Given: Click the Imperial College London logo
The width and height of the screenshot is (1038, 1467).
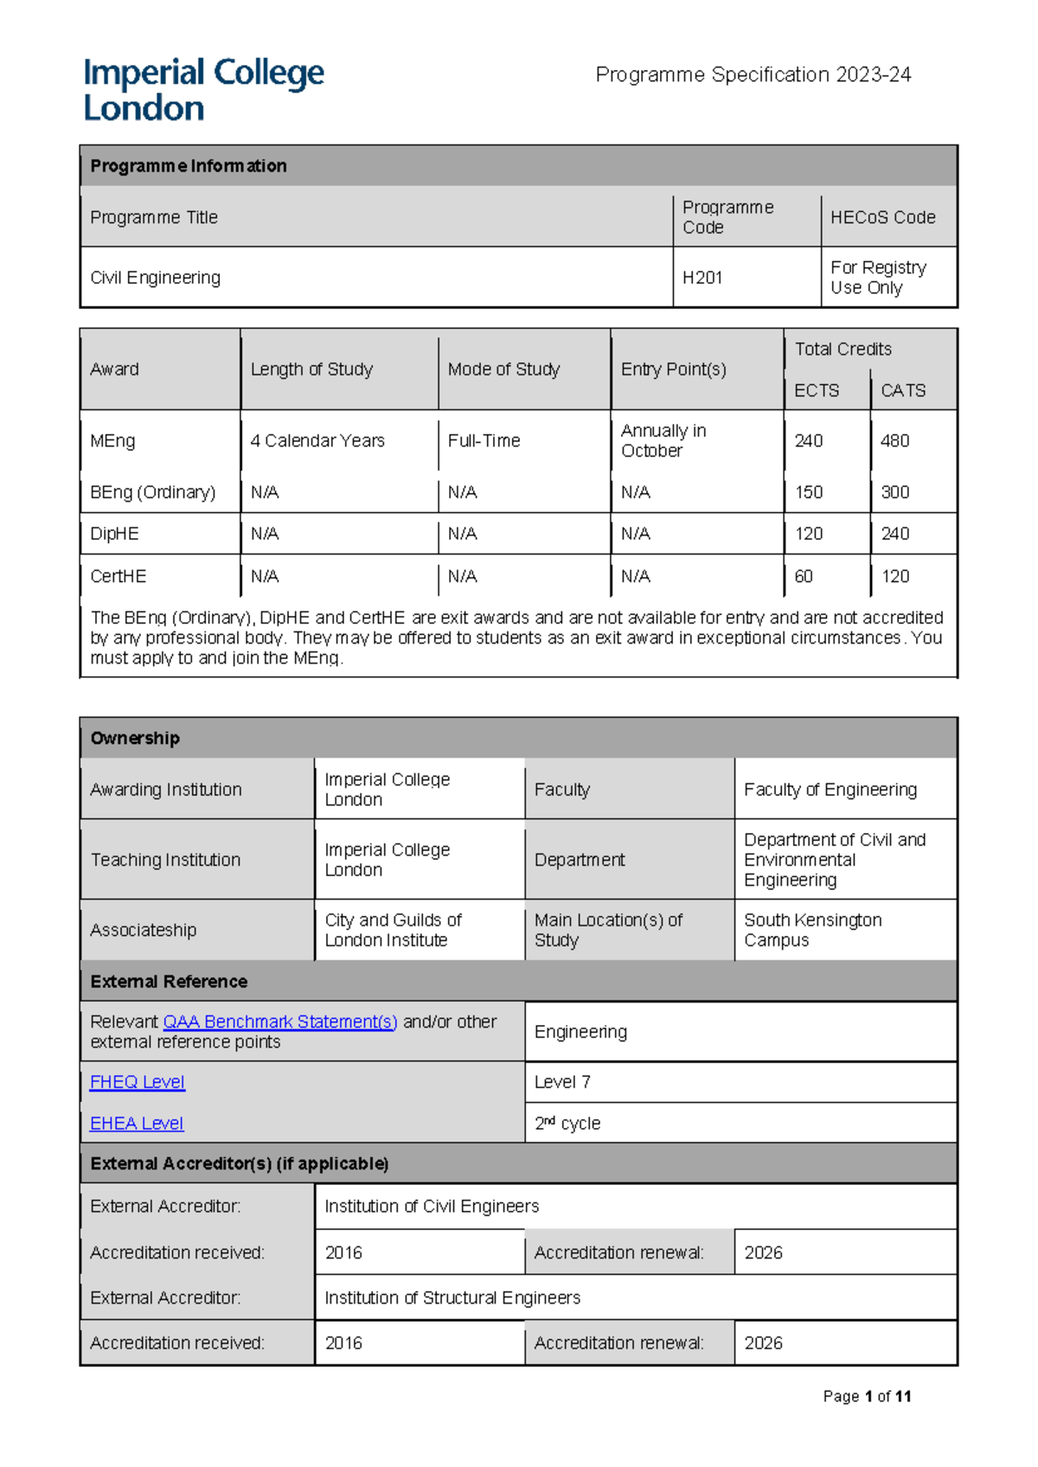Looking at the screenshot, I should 203,90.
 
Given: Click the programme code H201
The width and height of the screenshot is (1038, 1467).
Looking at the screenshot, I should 702,278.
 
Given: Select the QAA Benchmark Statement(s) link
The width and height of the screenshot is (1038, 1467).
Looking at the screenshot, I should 280,1022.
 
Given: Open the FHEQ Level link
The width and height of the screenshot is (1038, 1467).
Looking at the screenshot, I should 138,1082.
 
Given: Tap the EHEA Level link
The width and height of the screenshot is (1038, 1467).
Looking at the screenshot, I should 137,1124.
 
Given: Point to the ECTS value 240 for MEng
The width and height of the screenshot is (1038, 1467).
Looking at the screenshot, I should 809,441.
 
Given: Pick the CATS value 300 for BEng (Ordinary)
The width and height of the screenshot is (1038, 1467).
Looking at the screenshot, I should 895,492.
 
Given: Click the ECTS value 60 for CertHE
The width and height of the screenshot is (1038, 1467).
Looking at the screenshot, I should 804,576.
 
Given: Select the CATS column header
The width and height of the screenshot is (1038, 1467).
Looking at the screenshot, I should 903,390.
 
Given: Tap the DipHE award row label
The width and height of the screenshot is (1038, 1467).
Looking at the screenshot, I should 114,534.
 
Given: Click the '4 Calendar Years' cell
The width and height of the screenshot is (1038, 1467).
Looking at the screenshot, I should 317,441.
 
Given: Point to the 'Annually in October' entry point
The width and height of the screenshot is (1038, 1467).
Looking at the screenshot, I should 663,441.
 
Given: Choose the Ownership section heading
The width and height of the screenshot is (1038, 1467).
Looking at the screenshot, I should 135,738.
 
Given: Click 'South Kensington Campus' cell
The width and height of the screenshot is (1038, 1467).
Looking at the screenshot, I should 812,930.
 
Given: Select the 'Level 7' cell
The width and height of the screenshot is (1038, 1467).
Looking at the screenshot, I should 562,1082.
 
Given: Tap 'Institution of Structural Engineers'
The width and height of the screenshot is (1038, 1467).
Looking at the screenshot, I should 452,1297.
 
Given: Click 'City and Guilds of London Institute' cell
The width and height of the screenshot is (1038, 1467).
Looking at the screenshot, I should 393,930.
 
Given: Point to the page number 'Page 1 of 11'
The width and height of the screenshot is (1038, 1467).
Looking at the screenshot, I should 867,1396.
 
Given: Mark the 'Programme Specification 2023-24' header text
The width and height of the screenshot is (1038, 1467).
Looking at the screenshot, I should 753,75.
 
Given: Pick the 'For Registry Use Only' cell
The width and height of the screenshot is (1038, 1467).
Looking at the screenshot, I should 878,278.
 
